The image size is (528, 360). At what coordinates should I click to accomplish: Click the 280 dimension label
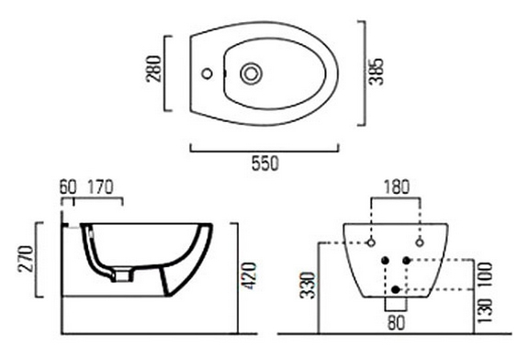[x=153, y=69]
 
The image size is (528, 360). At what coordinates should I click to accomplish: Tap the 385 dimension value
[x=376, y=72]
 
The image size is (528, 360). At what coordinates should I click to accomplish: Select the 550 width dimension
[x=265, y=163]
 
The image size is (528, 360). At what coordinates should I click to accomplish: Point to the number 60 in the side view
[x=68, y=187]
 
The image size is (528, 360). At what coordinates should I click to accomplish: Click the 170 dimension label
[x=101, y=187]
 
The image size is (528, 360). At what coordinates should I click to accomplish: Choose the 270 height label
[x=27, y=259]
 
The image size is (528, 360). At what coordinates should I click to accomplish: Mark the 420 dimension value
[x=250, y=276]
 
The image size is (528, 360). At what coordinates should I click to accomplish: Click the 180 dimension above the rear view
[x=397, y=187]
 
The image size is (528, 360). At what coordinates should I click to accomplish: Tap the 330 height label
[x=309, y=286]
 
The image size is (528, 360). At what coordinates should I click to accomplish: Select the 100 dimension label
[x=485, y=275]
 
